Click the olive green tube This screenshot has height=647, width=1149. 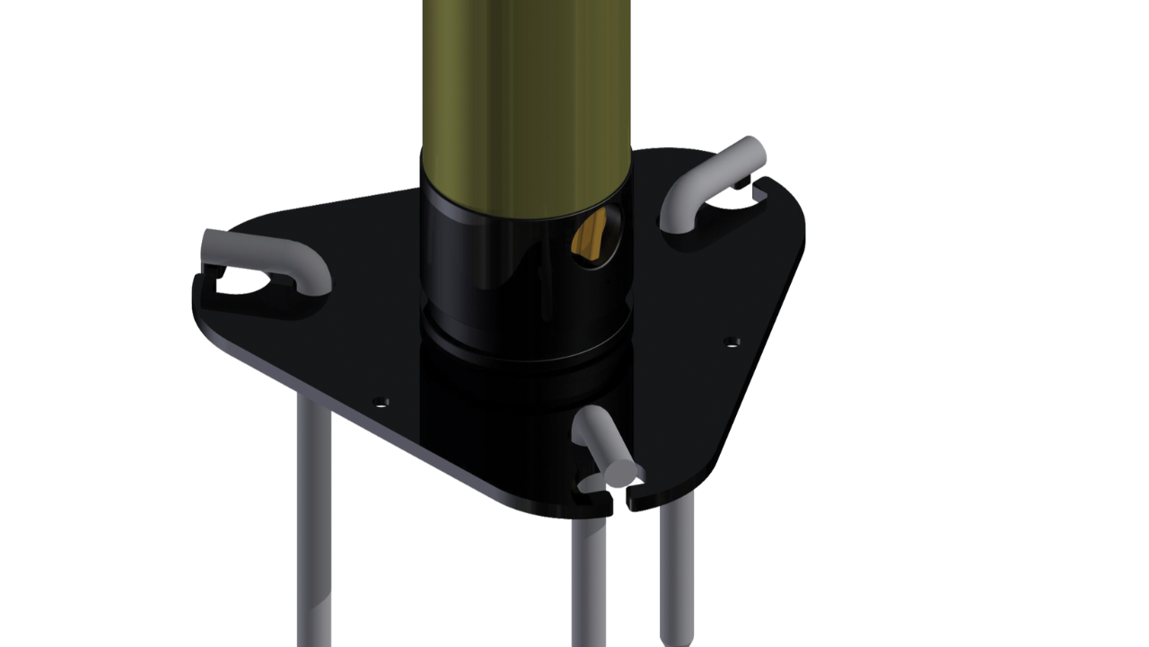(x=525, y=81)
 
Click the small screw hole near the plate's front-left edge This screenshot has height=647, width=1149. (x=381, y=401)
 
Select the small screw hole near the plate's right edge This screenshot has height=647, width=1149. (x=732, y=341)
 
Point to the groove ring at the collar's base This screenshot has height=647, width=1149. (x=525, y=346)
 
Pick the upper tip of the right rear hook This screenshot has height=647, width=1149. (x=754, y=149)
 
